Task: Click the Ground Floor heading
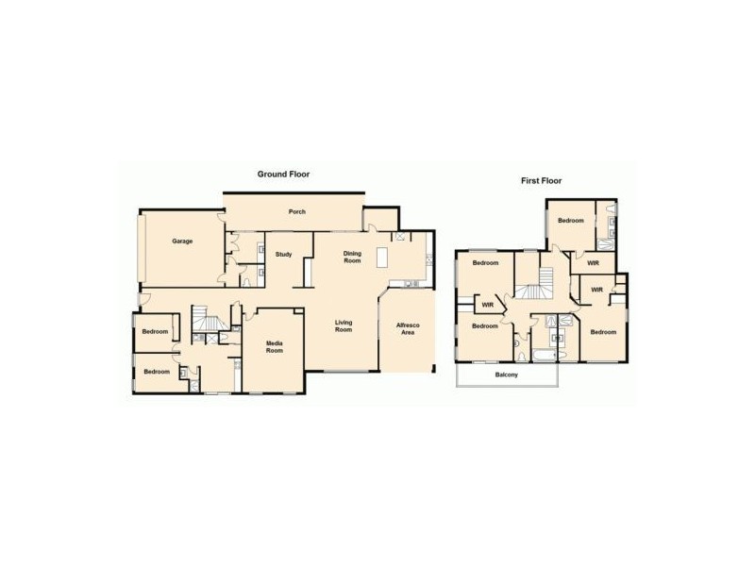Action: click(284, 174)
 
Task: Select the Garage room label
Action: click(182, 241)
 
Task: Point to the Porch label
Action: click(296, 211)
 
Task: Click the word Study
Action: click(283, 255)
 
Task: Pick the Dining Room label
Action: click(352, 257)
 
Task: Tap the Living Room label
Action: click(344, 325)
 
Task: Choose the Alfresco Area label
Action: click(407, 328)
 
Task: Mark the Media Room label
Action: click(274, 346)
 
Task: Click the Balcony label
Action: click(507, 375)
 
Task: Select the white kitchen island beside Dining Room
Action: click(382, 257)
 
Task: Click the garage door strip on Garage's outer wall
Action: click(140, 245)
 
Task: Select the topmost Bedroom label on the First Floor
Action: click(570, 221)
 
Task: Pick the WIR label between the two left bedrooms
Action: click(488, 305)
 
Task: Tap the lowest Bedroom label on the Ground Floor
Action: click(156, 372)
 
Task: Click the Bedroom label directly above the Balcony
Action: click(484, 326)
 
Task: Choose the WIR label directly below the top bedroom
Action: click(592, 263)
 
